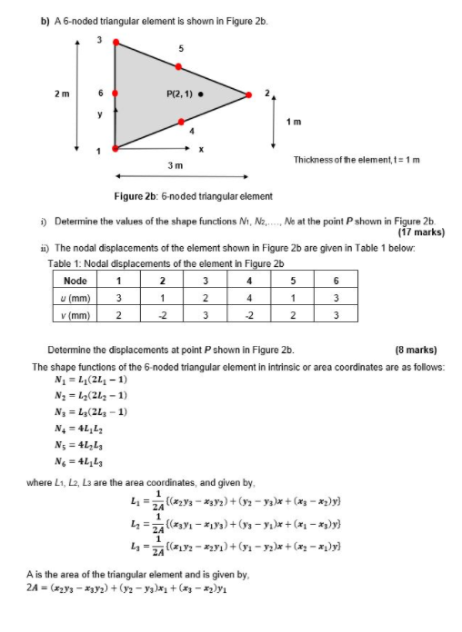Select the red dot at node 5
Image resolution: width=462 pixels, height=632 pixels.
point(181,66)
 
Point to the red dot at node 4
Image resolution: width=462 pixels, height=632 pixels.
point(182,122)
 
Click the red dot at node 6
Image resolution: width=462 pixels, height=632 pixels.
point(115,94)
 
